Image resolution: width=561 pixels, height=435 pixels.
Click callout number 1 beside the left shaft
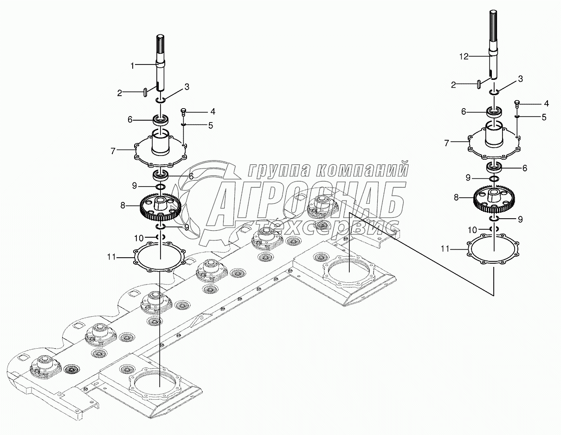[x=132, y=66]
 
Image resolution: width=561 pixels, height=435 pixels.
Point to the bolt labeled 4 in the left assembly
[x=183, y=111]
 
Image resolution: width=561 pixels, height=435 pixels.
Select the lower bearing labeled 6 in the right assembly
[x=495, y=167]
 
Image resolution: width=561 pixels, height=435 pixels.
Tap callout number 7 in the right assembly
[x=447, y=143]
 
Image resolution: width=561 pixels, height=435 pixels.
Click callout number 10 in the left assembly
[x=139, y=238]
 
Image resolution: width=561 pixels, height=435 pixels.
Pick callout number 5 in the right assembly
[x=544, y=117]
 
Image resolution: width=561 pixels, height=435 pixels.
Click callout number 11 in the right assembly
[x=445, y=249]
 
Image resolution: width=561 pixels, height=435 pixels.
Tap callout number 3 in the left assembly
[x=187, y=86]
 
